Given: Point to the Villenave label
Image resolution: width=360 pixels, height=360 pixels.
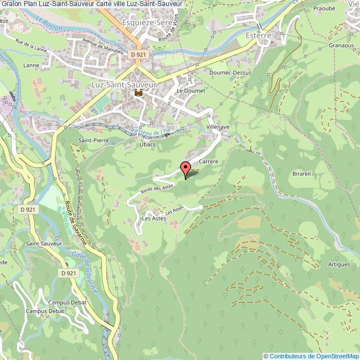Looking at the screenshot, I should click(x=218, y=127).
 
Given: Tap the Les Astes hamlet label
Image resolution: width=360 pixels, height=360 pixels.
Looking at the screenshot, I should click(x=154, y=219).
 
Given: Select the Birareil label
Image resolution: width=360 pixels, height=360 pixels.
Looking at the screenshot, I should click(x=304, y=173).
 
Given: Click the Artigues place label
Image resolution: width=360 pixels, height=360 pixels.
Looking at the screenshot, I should click(x=338, y=264).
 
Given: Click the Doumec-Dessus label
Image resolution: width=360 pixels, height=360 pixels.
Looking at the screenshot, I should click(x=230, y=73).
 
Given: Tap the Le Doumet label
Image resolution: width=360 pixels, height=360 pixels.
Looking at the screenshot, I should click(x=191, y=90).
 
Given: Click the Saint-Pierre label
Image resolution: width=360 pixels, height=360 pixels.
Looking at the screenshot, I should click(x=93, y=141).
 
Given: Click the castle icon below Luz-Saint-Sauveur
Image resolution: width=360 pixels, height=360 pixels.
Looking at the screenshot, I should click(x=138, y=93).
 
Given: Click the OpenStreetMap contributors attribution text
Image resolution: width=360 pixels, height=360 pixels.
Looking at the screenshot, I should click(x=311, y=356).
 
